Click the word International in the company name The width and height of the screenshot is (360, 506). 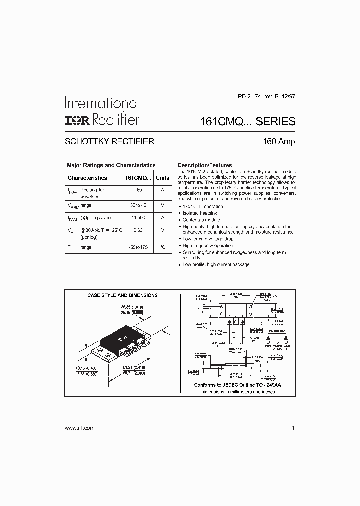(x=101, y=103)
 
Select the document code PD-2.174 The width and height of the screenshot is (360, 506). (x=248, y=98)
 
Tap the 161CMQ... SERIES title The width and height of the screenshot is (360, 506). (x=247, y=121)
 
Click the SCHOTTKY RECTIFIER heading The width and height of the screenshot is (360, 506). (x=109, y=141)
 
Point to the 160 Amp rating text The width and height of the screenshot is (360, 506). (x=279, y=141)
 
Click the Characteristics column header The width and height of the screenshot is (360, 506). (x=87, y=178)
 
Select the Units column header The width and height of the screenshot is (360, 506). (x=162, y=178)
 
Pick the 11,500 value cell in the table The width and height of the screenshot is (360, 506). (x=138, y=217)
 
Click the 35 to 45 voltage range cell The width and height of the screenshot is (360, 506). (x=138, y=205)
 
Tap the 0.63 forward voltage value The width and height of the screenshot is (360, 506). (x=138, y=230)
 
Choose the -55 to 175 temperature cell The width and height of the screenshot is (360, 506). (x=138, y=247)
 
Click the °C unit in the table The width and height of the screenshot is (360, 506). (x=162, y=247)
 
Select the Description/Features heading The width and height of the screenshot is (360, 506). (x=205, y=165)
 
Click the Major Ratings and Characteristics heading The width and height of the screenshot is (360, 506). (x=111, y=165)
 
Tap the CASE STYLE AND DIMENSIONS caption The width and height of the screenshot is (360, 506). (x=122, y=295)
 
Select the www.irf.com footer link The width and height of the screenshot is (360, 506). (x=80, y=428)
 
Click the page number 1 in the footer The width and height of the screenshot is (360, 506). (x=293, y=428)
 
